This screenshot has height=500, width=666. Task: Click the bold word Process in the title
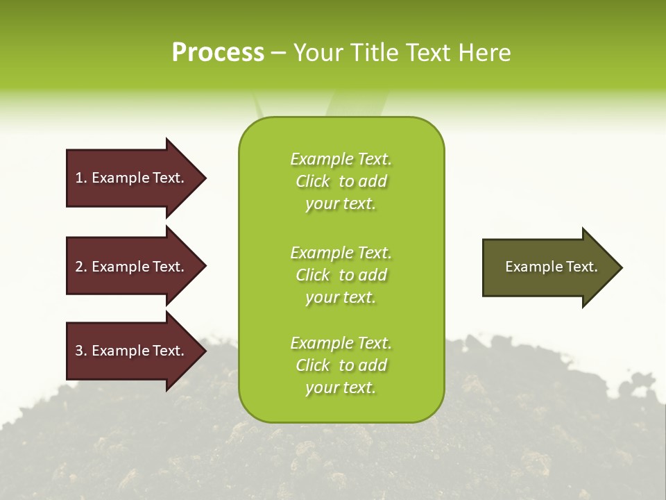(x=218, y=52)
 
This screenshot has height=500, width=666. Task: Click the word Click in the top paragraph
(x=313, y=181)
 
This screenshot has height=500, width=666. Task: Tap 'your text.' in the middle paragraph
(x=341, y=297)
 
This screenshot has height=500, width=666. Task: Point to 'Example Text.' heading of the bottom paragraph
(x=341, y=343)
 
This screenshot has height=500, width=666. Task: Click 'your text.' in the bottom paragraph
(x=341, y=387)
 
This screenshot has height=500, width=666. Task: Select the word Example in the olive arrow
(x=530, y=267)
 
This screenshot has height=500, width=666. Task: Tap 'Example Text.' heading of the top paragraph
(x=341, y=159)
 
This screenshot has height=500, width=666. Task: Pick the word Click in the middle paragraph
(x=313, y=275)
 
